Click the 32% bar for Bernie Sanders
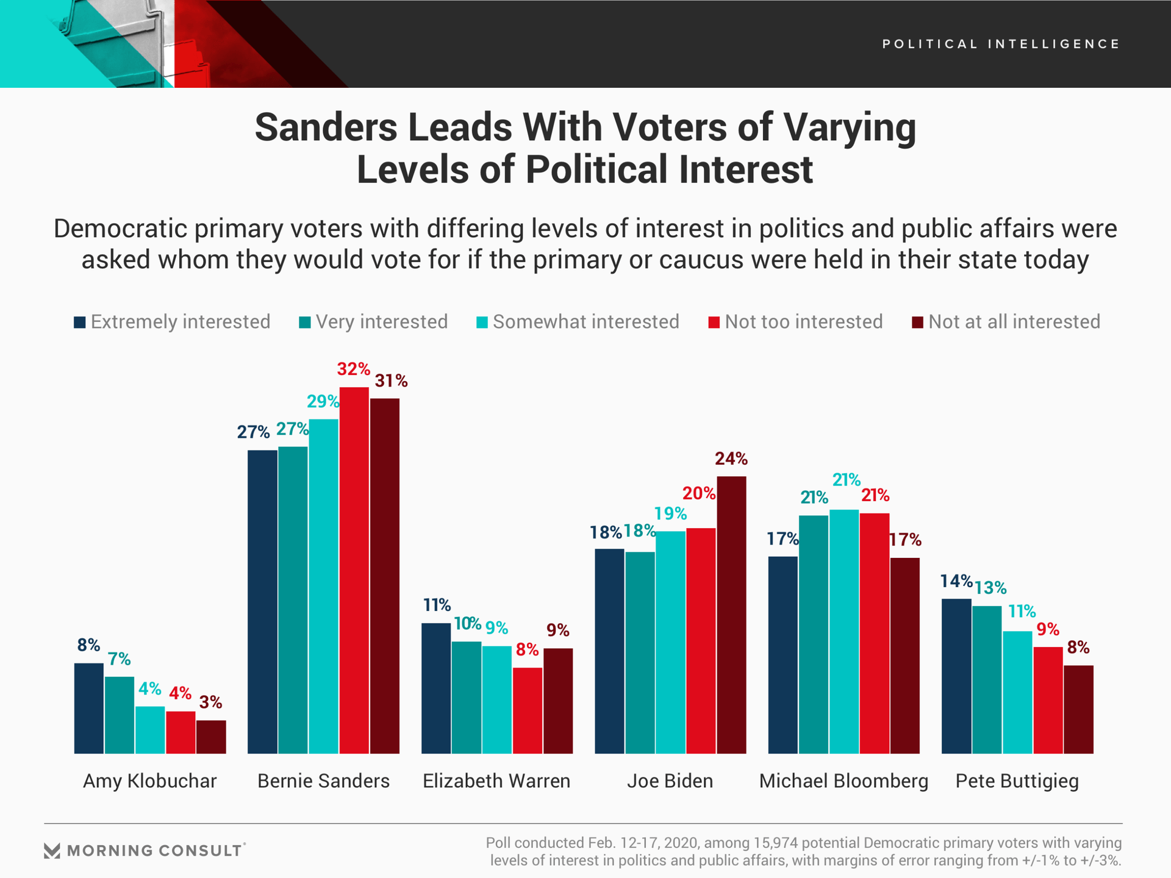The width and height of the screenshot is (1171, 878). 354,570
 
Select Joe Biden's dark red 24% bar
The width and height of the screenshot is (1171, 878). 731,615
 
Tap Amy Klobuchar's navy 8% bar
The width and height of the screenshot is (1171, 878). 89,708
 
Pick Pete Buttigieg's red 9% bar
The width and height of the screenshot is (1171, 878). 1048,700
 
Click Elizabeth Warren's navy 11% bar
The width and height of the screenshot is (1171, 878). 436,688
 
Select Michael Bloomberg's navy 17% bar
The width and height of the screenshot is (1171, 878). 782,654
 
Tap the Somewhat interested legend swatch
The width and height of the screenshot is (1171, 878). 482,323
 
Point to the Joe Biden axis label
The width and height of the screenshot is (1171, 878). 670,781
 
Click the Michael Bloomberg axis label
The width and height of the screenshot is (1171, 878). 843,781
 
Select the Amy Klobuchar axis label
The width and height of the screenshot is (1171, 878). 149,781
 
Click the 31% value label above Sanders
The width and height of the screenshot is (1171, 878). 391,381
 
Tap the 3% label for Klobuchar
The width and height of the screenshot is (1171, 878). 210,702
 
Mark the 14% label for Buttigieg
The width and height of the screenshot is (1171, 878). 956,581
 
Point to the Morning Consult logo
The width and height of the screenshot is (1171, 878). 145,851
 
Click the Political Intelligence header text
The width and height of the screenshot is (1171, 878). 1001,44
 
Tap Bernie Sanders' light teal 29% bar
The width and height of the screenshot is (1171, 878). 323,586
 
